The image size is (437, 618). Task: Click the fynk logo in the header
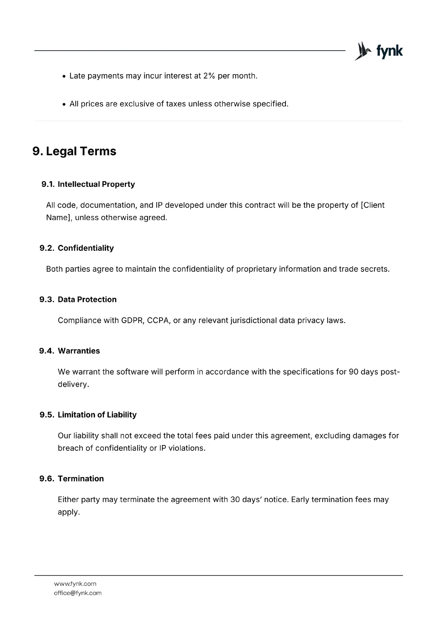379,51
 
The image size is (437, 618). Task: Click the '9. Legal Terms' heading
74,151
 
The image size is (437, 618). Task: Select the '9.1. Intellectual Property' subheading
88,184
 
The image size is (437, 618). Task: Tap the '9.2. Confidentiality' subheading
77,248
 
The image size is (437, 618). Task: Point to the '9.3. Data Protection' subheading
78,299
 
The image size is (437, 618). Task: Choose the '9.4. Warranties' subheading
70,351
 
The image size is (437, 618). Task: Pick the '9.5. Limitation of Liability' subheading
88,414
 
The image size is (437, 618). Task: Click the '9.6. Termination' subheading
71,479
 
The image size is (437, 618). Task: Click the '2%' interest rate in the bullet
209,76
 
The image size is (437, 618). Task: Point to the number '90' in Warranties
354,372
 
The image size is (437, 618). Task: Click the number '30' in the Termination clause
235,499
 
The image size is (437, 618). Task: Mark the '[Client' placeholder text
372,205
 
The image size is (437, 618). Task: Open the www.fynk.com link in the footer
75,584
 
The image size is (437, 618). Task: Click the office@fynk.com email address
78,593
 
